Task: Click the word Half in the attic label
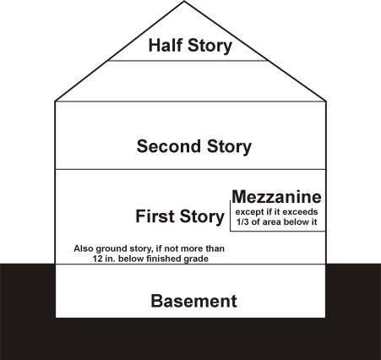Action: pyautogui.click(x=165, y=45)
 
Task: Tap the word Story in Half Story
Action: pyautogui.click(x=210, y=46)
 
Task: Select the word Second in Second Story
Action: pyautogui.click(x=168, y=146)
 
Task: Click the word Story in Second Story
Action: pyautogui.click(x=229, y=147)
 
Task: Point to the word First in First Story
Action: pyautogui.click(x=155, y=216)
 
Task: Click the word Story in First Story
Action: pyautogui.click(x=202, y=217)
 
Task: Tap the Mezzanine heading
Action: pyautogui.click(x=276, y=197)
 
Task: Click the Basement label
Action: pyautogui.click(x=194, y=301)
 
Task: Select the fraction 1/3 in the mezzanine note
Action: pyautogui.click(x=242, y=221)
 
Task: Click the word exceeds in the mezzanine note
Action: pyautogui.click(x=302, y=212)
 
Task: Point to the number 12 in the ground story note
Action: pyautogui.click(x=97, y=259)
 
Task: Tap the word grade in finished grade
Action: pyautogui.click(x=196, y=259)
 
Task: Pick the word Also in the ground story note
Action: pyautogui.click(x=84, y=248)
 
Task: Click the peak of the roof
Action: pyautogui.click(x=184, y=2)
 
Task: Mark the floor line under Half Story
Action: pyautogui.click(x=188, y=61)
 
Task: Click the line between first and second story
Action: pyautogui.click(x=191, y=169)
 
